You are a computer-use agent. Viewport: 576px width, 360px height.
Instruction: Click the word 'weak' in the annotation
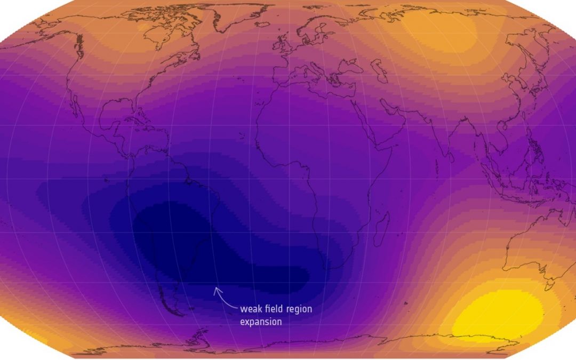click(x=251, y=309)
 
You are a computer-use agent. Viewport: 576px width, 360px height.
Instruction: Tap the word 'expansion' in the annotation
click(x=261, y=322)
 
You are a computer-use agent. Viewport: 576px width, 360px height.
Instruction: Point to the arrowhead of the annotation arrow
click(x=216, y=290)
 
